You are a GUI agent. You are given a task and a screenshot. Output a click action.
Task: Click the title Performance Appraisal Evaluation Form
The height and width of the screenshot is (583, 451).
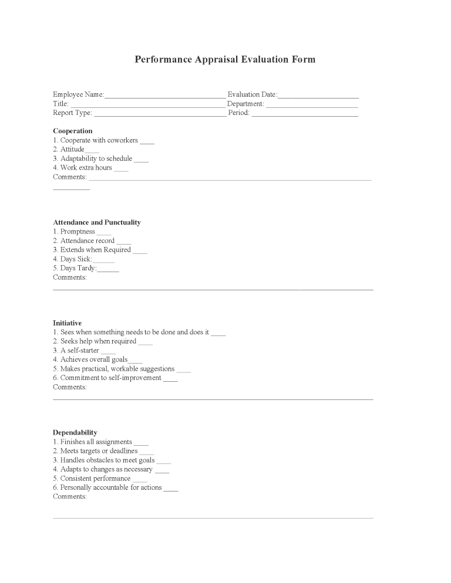[x=225, y=59]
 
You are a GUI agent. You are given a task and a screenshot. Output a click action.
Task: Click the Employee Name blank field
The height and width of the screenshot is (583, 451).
[x=164, y=96]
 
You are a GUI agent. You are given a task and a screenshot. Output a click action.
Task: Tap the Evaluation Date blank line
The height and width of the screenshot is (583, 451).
[x=318, y=96]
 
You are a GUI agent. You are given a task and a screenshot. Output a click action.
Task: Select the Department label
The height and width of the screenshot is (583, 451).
[x=245, y=104]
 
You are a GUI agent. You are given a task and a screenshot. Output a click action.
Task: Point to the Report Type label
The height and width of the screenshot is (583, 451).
[x=72, y=113]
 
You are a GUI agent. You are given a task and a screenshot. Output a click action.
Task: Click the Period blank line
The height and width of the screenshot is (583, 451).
[x=305, y=114]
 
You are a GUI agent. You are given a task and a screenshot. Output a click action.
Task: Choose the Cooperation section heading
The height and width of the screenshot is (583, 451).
[x=73, y=131]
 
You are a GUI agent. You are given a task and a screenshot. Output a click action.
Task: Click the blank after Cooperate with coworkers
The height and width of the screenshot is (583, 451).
[x=147, y=142]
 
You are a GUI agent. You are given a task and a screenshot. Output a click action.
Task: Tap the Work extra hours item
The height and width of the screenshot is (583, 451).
[x=86, y=168]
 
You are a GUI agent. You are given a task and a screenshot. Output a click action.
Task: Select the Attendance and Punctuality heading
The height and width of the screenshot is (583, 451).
[x=97, y=222]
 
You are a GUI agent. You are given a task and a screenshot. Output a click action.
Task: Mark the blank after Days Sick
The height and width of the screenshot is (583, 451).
[x=103, y=260]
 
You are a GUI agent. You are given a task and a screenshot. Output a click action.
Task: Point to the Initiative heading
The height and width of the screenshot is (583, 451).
[x=67, y=323]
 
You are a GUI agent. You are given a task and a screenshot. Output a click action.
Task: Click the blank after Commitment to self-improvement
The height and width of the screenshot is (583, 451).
[x=170, y=379]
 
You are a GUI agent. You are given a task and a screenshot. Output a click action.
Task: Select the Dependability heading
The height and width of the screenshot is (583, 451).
[x=75, y=433]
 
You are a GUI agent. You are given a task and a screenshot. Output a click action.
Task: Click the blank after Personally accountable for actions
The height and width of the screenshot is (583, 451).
[x=170, y=489]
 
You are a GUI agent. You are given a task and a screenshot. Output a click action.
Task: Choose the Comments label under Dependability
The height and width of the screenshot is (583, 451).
[x=70, y=496]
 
